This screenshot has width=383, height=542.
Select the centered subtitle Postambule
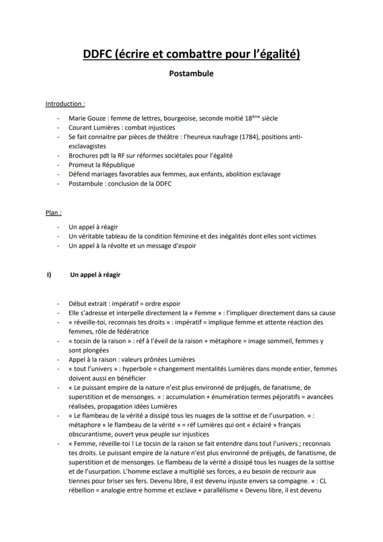coord(191,74)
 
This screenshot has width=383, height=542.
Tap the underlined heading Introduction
coord(65,104)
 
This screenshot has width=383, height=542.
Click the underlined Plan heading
coord(53,213)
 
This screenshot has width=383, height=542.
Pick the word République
coord(116,165)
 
